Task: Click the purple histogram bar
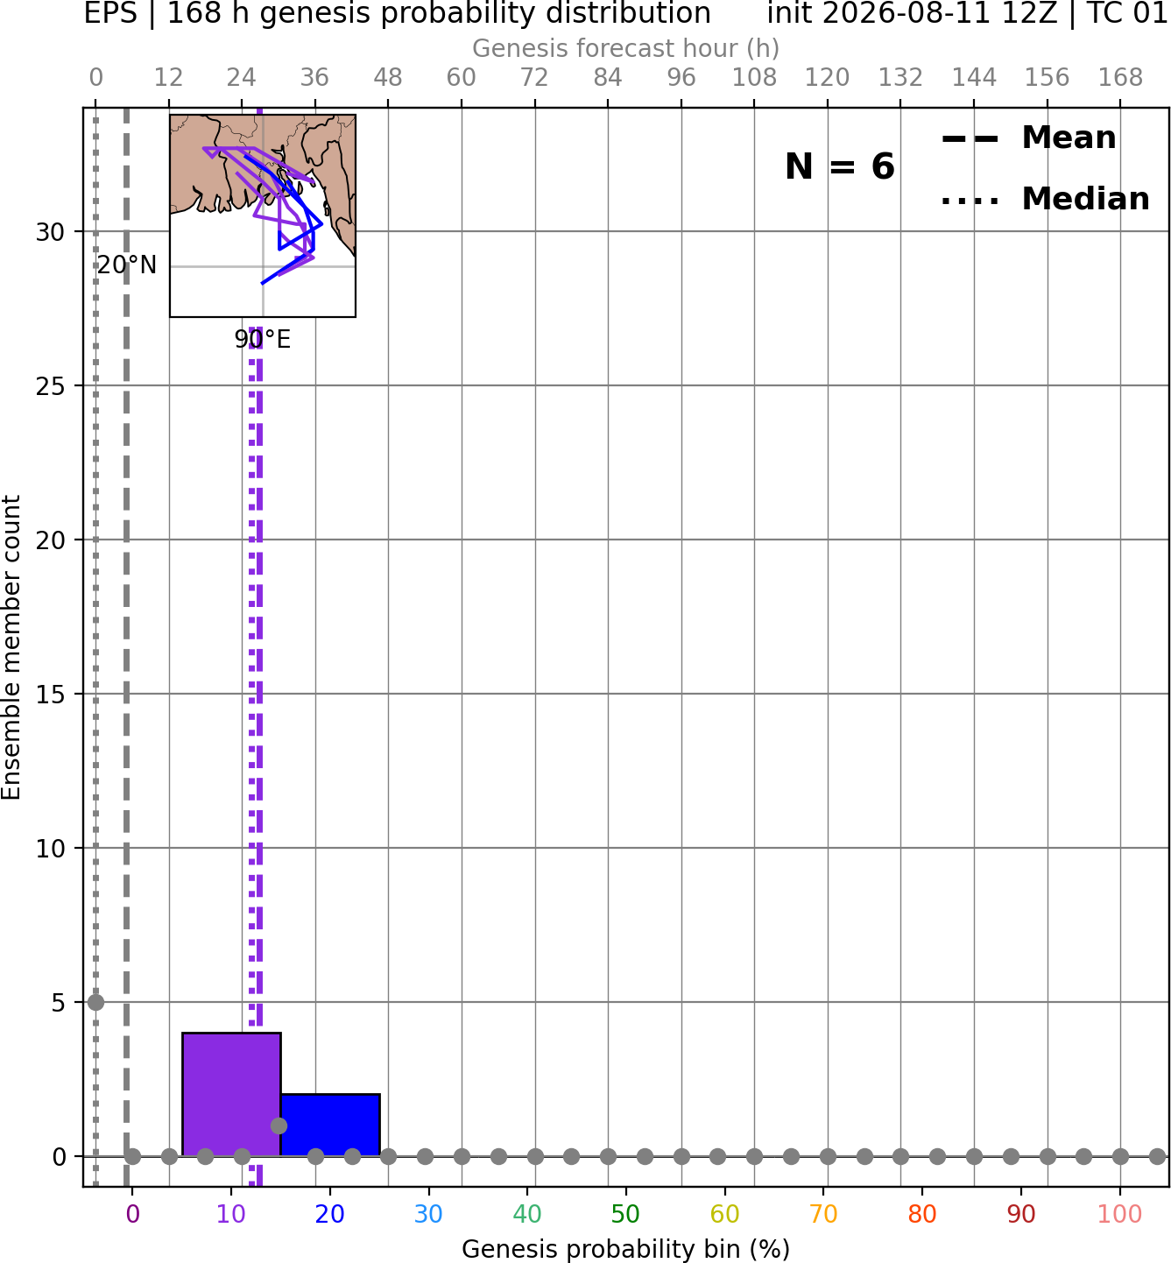[231, 1094]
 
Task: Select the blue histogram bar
[330, 1125]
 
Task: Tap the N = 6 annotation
[840, 166]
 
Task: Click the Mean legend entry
[1028, 138]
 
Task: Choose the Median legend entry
[1045, 199]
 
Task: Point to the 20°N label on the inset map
[127, 265]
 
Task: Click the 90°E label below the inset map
[263, 340]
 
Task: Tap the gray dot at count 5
[95, 1002]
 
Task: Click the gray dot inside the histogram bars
[279, 1125]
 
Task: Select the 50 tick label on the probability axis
[626, 1215]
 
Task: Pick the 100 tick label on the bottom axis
[1120, 1215]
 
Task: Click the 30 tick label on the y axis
[50, 232]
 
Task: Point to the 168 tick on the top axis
[1121, 78]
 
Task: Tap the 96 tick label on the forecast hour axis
[681, 78]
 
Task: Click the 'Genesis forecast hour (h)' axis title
[626, 48]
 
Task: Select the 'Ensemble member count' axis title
[11, 647]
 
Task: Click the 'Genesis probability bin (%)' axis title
[626, 1249]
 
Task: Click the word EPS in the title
[110, 14]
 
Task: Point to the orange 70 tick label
[823, 1215]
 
